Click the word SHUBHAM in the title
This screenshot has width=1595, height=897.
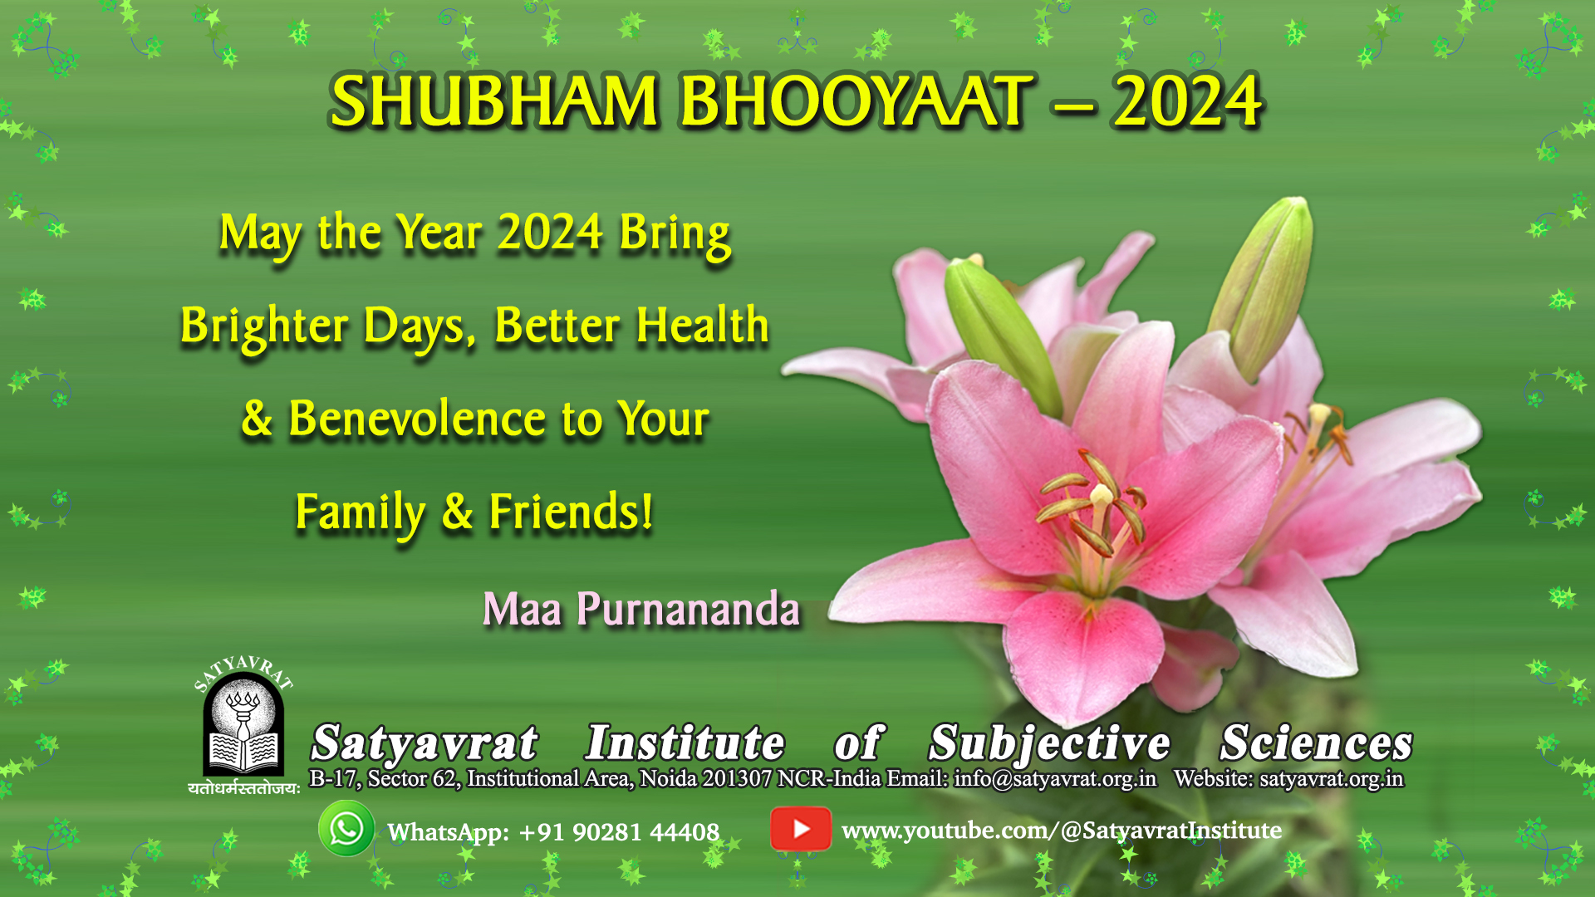click(494, 101)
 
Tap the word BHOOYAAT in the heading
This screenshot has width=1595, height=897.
click(856, 101)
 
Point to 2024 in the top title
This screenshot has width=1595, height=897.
click(1187, 101)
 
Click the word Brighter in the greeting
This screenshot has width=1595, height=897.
click(264, 326)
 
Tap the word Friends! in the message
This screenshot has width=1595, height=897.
click(571, 511)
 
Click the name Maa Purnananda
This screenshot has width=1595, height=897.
click(641, 609)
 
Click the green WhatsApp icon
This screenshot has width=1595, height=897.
click(346, 828)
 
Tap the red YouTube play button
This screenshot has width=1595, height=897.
click(801, 829)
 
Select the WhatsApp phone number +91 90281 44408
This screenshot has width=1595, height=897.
click(619, 832)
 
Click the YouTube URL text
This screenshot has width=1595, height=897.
click(1062, 831)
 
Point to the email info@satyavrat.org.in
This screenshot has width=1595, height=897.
click(1055, 779)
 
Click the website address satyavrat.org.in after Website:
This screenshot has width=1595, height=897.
click(1332, 779)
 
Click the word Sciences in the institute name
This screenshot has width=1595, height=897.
click(1317, 743)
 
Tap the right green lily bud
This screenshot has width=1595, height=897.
click(1263, 287)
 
